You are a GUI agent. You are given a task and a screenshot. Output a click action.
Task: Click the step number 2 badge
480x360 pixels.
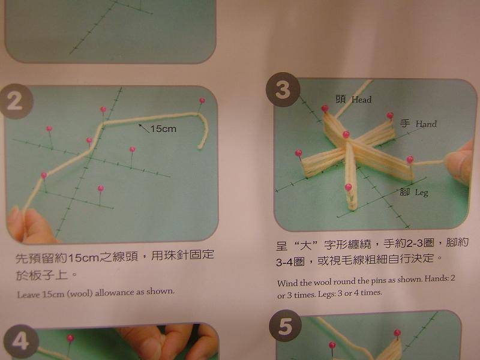pyautogui.click(x=15, y=101)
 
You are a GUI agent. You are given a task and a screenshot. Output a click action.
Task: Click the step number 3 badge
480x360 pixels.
pyautogui.click(x=283, y=89)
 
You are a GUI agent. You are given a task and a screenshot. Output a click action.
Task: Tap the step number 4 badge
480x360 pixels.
pyautogui.click(x=21, y=341)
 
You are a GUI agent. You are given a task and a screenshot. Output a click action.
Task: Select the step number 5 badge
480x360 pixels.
pyautogui.click(x=286, y=326)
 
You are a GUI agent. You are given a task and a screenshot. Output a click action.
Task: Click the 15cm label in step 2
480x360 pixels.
pyautogui.click(x=163, y=128)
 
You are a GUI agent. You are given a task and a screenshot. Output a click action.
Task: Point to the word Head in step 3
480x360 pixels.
pyautogui.click(x=362, y=100)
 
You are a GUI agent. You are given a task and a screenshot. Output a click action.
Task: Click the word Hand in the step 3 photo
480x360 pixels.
pyautogui.click(x=426, y=124)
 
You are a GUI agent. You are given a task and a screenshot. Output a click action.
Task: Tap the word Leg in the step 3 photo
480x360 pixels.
pyautogui.click(x=422, y=193)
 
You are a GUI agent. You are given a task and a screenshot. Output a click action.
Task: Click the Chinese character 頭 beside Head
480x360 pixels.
pyautogui.click(x=341, y=99)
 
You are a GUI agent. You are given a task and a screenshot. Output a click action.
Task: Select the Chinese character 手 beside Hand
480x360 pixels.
pyautogui.click(x=404, y=124)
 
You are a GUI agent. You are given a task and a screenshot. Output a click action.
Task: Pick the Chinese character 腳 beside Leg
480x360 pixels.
pyautogui.click(x=404, y=192)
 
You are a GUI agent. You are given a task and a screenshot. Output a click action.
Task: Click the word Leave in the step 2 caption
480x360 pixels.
pyautogui.click(x=28, y=295)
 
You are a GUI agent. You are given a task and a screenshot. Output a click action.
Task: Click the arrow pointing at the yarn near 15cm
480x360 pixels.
pyautogui.click(x=143, y=128)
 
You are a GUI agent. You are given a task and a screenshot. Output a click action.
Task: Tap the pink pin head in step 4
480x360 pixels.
pyautogui.click(x=70, y=338)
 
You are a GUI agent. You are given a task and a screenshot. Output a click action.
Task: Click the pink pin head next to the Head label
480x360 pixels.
pyautogui.click(x=325, y=108)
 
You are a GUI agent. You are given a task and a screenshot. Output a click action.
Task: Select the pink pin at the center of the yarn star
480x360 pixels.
pyautogui.click(x=346, y=134)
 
